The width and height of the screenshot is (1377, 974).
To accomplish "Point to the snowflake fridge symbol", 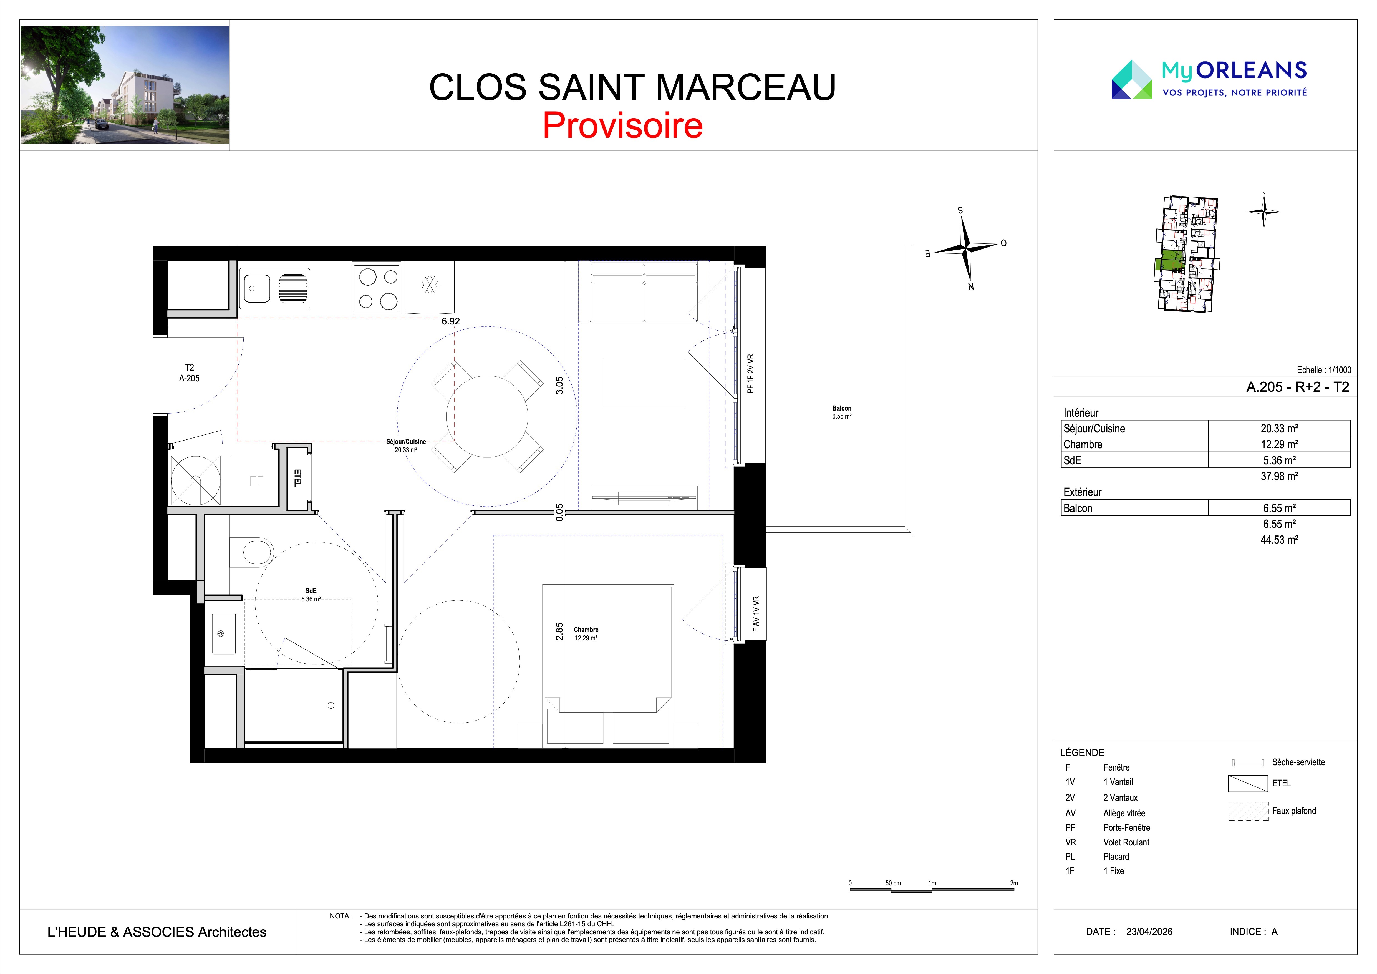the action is click(429, 285).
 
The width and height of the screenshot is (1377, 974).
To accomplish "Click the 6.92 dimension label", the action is click(451, 321).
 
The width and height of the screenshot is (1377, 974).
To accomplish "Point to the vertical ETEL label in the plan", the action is click(297, 477).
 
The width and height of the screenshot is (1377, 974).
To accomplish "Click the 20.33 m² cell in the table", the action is click(1279, 428).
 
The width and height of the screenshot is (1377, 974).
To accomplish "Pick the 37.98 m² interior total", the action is click(1279, 476).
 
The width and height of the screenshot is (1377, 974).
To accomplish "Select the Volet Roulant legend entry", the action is click(1126, 842).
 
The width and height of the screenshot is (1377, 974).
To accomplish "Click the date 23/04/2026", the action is click(1149, 932).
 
